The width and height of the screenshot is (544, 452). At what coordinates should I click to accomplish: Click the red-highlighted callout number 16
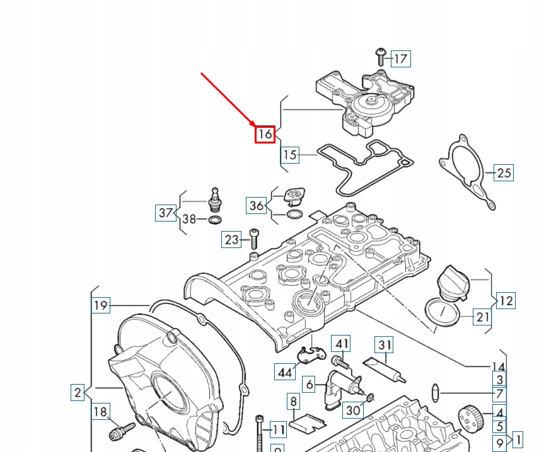click(x=265, y=133)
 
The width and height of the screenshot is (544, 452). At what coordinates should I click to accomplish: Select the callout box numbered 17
click(x=401, y=59)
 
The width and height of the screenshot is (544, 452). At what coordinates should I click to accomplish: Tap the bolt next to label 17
click(x=380, y=56)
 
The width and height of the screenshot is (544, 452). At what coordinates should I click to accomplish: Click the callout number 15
click(x=289, y=154)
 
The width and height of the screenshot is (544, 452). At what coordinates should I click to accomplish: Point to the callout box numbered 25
click(x=504, y=172)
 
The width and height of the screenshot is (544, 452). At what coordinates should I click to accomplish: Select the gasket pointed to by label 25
click(x=466, y=170)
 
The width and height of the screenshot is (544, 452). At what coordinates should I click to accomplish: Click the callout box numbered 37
click(x=165, y=213)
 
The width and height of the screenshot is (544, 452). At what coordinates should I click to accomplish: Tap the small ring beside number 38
click(x=214, y=220)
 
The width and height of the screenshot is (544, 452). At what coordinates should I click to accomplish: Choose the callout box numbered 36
click(x=257, y=205)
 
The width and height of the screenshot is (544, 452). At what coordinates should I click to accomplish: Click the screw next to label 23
click(x=253, y=237)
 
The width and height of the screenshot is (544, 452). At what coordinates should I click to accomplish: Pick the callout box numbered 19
click(x=101, y=306)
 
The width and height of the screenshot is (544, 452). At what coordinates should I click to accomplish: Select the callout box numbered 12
click(x=506, y=300)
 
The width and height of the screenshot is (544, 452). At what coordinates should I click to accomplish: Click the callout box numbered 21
click(x=482, y=317)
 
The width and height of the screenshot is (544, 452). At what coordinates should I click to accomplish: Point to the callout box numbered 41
click(x=341, y=344)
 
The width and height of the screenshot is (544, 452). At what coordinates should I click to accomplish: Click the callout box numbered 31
click(x=385, y=345)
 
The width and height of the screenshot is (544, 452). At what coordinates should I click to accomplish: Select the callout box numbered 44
click(x=285, y=372)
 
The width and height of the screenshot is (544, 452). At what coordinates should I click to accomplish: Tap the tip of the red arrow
click(x=253, y=126)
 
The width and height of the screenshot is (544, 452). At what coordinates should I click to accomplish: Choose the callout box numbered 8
click(x=293, y=400)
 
